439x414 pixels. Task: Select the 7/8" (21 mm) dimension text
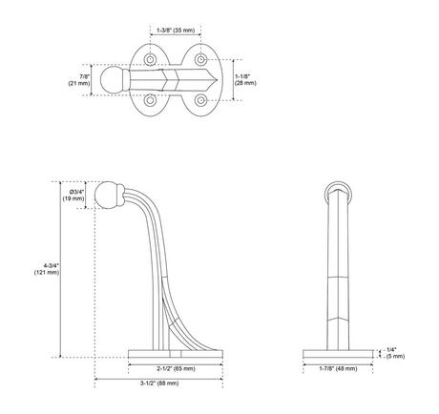click(x=83, y=78)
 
